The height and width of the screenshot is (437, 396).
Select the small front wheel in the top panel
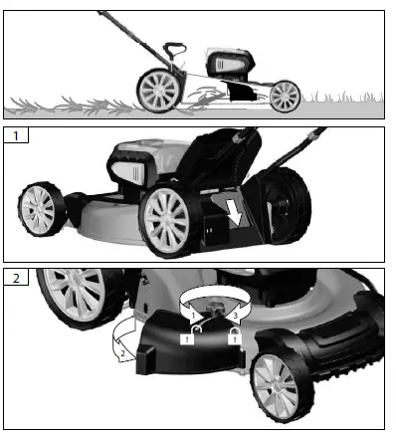285,95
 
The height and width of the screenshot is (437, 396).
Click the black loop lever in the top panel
174,53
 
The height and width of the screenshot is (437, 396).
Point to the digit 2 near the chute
122,351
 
